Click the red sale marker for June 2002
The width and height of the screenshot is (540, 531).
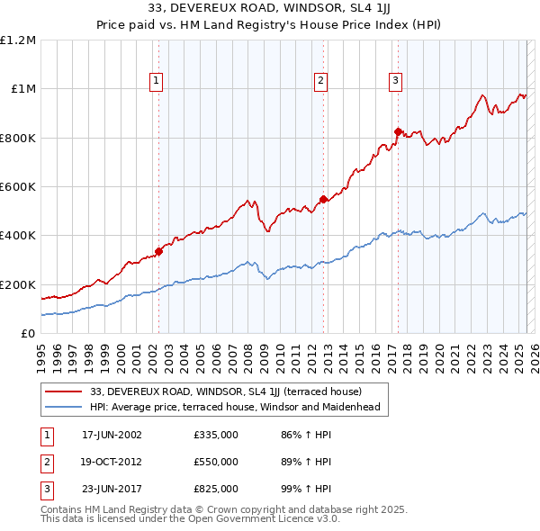pos(158,252)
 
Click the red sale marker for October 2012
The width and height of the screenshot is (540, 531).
pos(323,199)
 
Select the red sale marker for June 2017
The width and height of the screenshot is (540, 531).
pos(397,131)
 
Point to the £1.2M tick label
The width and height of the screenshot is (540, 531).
pos(18,40)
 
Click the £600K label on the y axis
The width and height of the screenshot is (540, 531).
pos(18,187)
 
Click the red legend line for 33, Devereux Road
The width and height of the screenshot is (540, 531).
pos(64,392)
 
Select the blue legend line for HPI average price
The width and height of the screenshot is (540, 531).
pos(64,407)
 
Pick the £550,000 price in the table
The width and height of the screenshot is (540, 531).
pos(216,462)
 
